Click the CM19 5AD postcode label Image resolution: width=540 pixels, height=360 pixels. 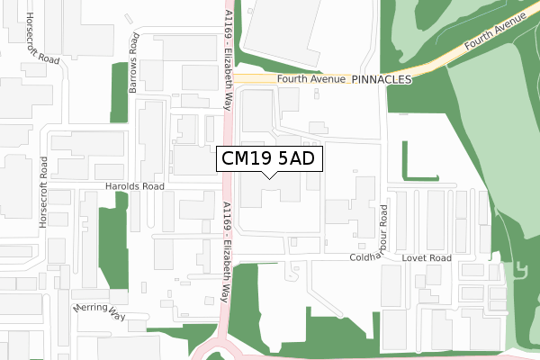(x=265, y=159)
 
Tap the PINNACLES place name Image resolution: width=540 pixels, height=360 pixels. (x=382, y=79)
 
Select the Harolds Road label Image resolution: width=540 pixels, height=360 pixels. (x=135, y=187)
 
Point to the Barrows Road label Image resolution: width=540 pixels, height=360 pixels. (x=133, y=58)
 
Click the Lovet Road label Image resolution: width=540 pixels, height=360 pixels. (x=427, y=258)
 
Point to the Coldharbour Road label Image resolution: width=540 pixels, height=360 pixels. (x=382, y=233)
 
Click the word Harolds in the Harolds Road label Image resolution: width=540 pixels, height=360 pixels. (x=122, y=187)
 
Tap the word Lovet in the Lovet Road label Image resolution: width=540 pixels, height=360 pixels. (x=415, y=258)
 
